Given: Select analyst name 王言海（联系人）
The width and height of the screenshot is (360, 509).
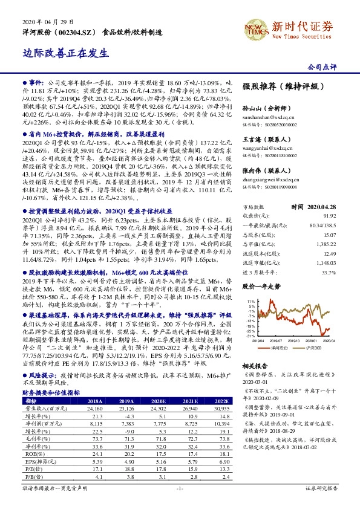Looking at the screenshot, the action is click(265, 139).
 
